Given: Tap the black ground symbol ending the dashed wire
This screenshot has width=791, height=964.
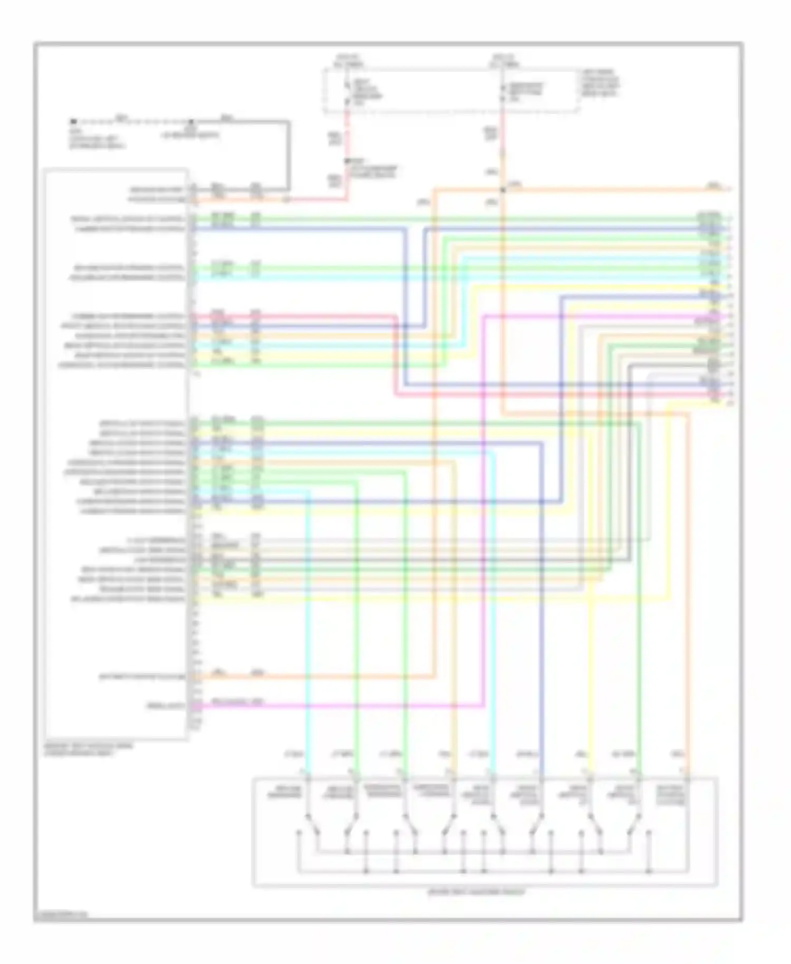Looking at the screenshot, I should click(74, 121).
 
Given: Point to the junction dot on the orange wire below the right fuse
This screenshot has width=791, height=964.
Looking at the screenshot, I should click(503, 189).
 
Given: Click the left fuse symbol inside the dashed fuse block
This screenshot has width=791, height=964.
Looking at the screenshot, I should click(346, 92).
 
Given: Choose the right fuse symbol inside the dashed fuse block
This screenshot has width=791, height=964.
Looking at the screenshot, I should click(503, 92).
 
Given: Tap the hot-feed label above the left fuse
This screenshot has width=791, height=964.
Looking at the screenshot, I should click(348, 60).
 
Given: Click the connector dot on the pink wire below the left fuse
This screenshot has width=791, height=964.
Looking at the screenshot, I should click(346, 160).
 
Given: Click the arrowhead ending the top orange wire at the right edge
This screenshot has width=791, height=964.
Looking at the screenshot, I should click(729, 188).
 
